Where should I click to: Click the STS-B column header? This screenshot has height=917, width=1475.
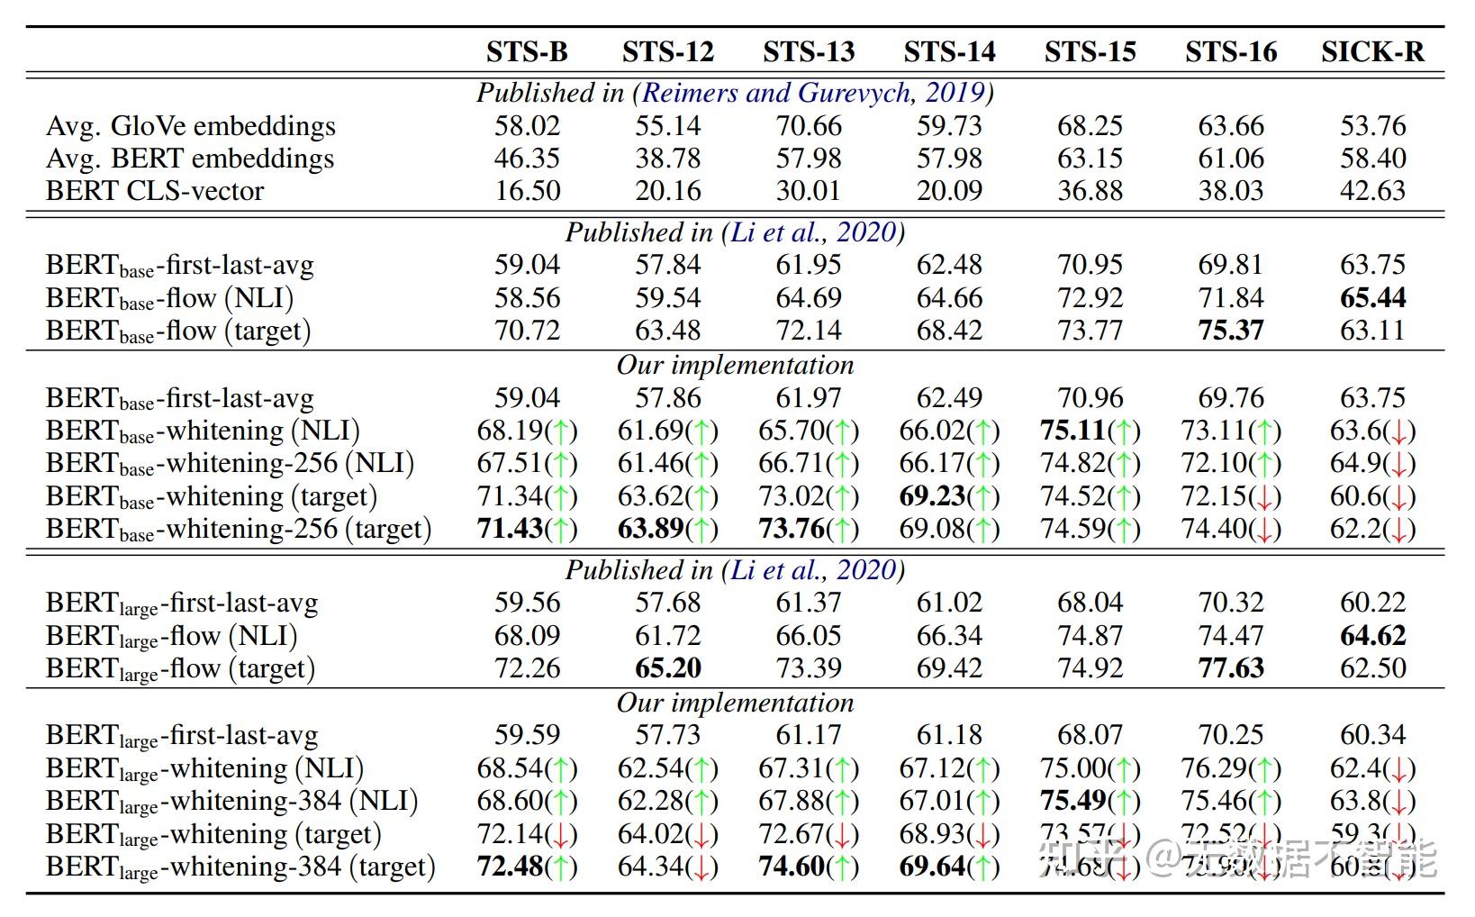pyautogui.click(x=527, y=52)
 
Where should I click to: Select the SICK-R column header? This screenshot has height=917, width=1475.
pyautogui.click(x=1372, y=52)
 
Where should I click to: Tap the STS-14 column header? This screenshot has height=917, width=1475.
pyautogui.click(x=949, y=52)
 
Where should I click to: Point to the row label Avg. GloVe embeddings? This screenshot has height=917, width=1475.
pyautogui.click(x=191, y=126)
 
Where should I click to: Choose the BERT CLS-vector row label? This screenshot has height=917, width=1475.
pyautogui.click(x=155, y=191)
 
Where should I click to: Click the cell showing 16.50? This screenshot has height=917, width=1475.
pyautogui.click(x=527, y=191)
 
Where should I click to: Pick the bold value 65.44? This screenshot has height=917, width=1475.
pyautogui.click(x=1372, y=298)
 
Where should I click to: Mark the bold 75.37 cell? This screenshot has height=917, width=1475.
pyautogui.click(x=1231, y=331)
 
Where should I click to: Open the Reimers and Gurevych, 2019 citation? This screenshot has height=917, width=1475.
pyautogui.click(x=814, y=93)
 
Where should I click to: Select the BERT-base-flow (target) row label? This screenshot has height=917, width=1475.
pyautogui.click(x=178, y=331)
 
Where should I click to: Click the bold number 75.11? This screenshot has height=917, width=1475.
pyautogui.click(x=1073, y=431)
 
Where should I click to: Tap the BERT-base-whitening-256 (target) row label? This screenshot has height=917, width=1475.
pyautogui.click(x=239, y=529)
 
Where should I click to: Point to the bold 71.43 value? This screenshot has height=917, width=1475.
pyautogui.click(x=510, y=529)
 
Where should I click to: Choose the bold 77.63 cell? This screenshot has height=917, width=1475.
pyautogui.click(x=1231, y=668)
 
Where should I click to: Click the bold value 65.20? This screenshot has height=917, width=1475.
pyautogui.click(x=667, y=668)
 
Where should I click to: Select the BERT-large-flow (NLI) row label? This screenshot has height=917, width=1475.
pyautogui.click(x=171, y=637)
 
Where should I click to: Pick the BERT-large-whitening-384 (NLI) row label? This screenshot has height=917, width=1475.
pyautogui.click(x=231, y=802)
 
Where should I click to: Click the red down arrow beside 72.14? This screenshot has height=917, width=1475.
pyautogui.click(x=562, y=835)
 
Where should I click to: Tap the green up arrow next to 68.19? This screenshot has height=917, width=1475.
pyautogui.click(x=562, y=431)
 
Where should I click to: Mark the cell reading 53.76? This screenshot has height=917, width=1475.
pyautogui.click(x=1372, y=126)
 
